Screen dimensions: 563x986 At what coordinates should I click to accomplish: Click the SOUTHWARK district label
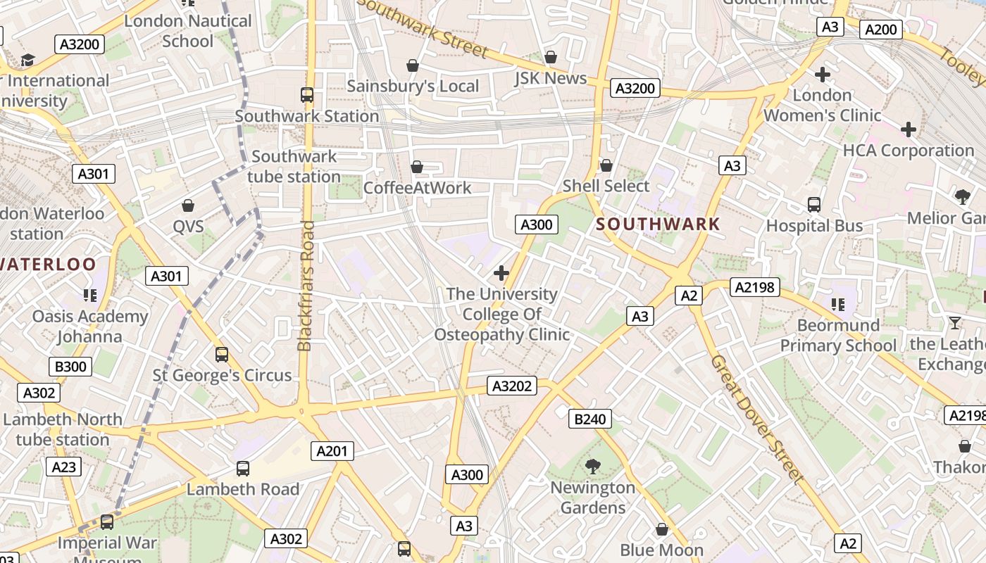[658, 224]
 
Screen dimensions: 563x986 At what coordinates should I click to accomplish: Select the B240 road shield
[589, 419]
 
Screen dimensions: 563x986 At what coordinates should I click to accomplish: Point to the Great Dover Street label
[756, 419]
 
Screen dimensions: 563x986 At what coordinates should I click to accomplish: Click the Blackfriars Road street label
[305, 286]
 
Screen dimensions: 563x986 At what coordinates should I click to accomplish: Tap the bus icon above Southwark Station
[306, 94]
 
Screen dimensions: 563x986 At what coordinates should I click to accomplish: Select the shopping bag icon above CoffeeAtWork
[417, 167]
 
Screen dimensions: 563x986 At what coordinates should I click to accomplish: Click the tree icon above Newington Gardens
[592, 466]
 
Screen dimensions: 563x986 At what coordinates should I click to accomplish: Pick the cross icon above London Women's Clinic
[822, 74]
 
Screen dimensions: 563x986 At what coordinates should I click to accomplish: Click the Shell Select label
[606, 186]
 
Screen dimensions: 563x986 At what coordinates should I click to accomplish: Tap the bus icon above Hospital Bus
[814, 205]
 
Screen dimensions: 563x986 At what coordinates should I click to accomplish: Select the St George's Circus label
[223, 375]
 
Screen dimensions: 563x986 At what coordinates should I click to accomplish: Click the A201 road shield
[332, 451]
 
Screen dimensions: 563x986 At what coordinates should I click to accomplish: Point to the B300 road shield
[70, 366]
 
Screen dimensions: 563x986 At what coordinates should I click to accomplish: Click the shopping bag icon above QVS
[188, 205]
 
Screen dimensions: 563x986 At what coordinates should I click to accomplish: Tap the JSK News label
[550, 78]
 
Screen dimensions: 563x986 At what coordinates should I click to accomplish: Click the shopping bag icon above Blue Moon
[661, 529]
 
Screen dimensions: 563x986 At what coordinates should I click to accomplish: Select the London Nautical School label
[187, 31]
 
